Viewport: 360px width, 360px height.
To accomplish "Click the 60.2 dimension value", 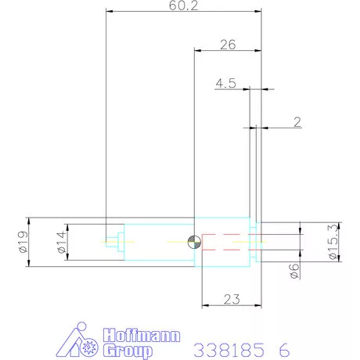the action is (183, 5).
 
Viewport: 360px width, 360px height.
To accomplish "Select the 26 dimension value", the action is (228, 45).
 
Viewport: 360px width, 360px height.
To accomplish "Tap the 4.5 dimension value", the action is (226, 83).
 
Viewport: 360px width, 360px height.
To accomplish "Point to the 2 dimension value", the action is (297, 122).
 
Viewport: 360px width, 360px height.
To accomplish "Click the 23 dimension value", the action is (232, 300).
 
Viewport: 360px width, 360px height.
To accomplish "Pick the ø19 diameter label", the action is (23, 242).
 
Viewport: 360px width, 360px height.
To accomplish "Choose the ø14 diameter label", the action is (62, 242).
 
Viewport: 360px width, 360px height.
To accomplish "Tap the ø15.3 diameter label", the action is (334, 242).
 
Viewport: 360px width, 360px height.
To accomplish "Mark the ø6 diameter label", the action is (294, 271).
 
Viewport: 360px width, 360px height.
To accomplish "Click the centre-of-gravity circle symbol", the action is (194, 242).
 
